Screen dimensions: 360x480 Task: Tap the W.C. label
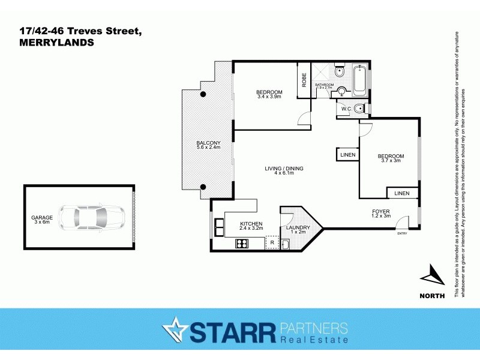click(x=346, y=109)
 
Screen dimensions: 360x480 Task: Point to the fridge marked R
click(x=272, y=242)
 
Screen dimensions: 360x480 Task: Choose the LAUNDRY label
click(x=297, y=228)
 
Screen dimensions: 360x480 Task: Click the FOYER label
click(x=381, y=211)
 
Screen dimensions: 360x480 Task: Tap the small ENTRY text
click(x=402, y=233)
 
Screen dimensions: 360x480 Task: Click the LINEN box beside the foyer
click(x=402, y=193)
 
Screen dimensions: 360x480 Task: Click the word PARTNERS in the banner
click(x=313, y=328)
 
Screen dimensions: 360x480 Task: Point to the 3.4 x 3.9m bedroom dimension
click(x=269, y=97)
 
